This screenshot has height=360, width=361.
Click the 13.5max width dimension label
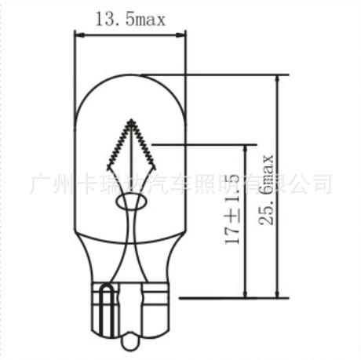tap(131, 20)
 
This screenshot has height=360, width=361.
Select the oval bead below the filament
tap(131, 202)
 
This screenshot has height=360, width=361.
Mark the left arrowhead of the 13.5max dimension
tap(78, 34)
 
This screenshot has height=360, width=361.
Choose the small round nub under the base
tap(131, 342)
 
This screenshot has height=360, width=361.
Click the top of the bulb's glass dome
tap(131, 75)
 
